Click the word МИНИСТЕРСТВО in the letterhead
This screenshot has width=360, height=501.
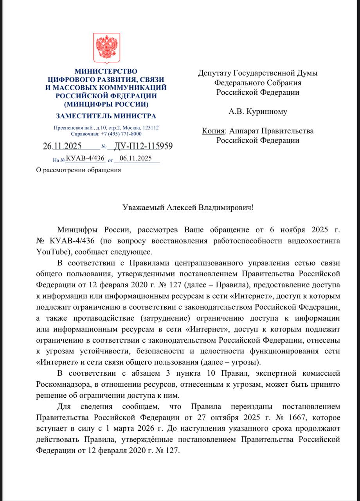pyautogui.click(x=106, y=71)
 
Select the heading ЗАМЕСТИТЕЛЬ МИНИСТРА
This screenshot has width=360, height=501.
pyautogui.click(x=106, y=116)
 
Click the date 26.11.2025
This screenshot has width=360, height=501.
pyautogui.click(x=62, y=147)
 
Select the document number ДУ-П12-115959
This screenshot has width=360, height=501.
pyautogui.click(x=143, y=147)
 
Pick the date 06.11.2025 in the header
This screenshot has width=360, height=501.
pyautogui.click(x=135, y=158)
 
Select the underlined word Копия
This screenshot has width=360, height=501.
pyautogui.click(x=213, y=131)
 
